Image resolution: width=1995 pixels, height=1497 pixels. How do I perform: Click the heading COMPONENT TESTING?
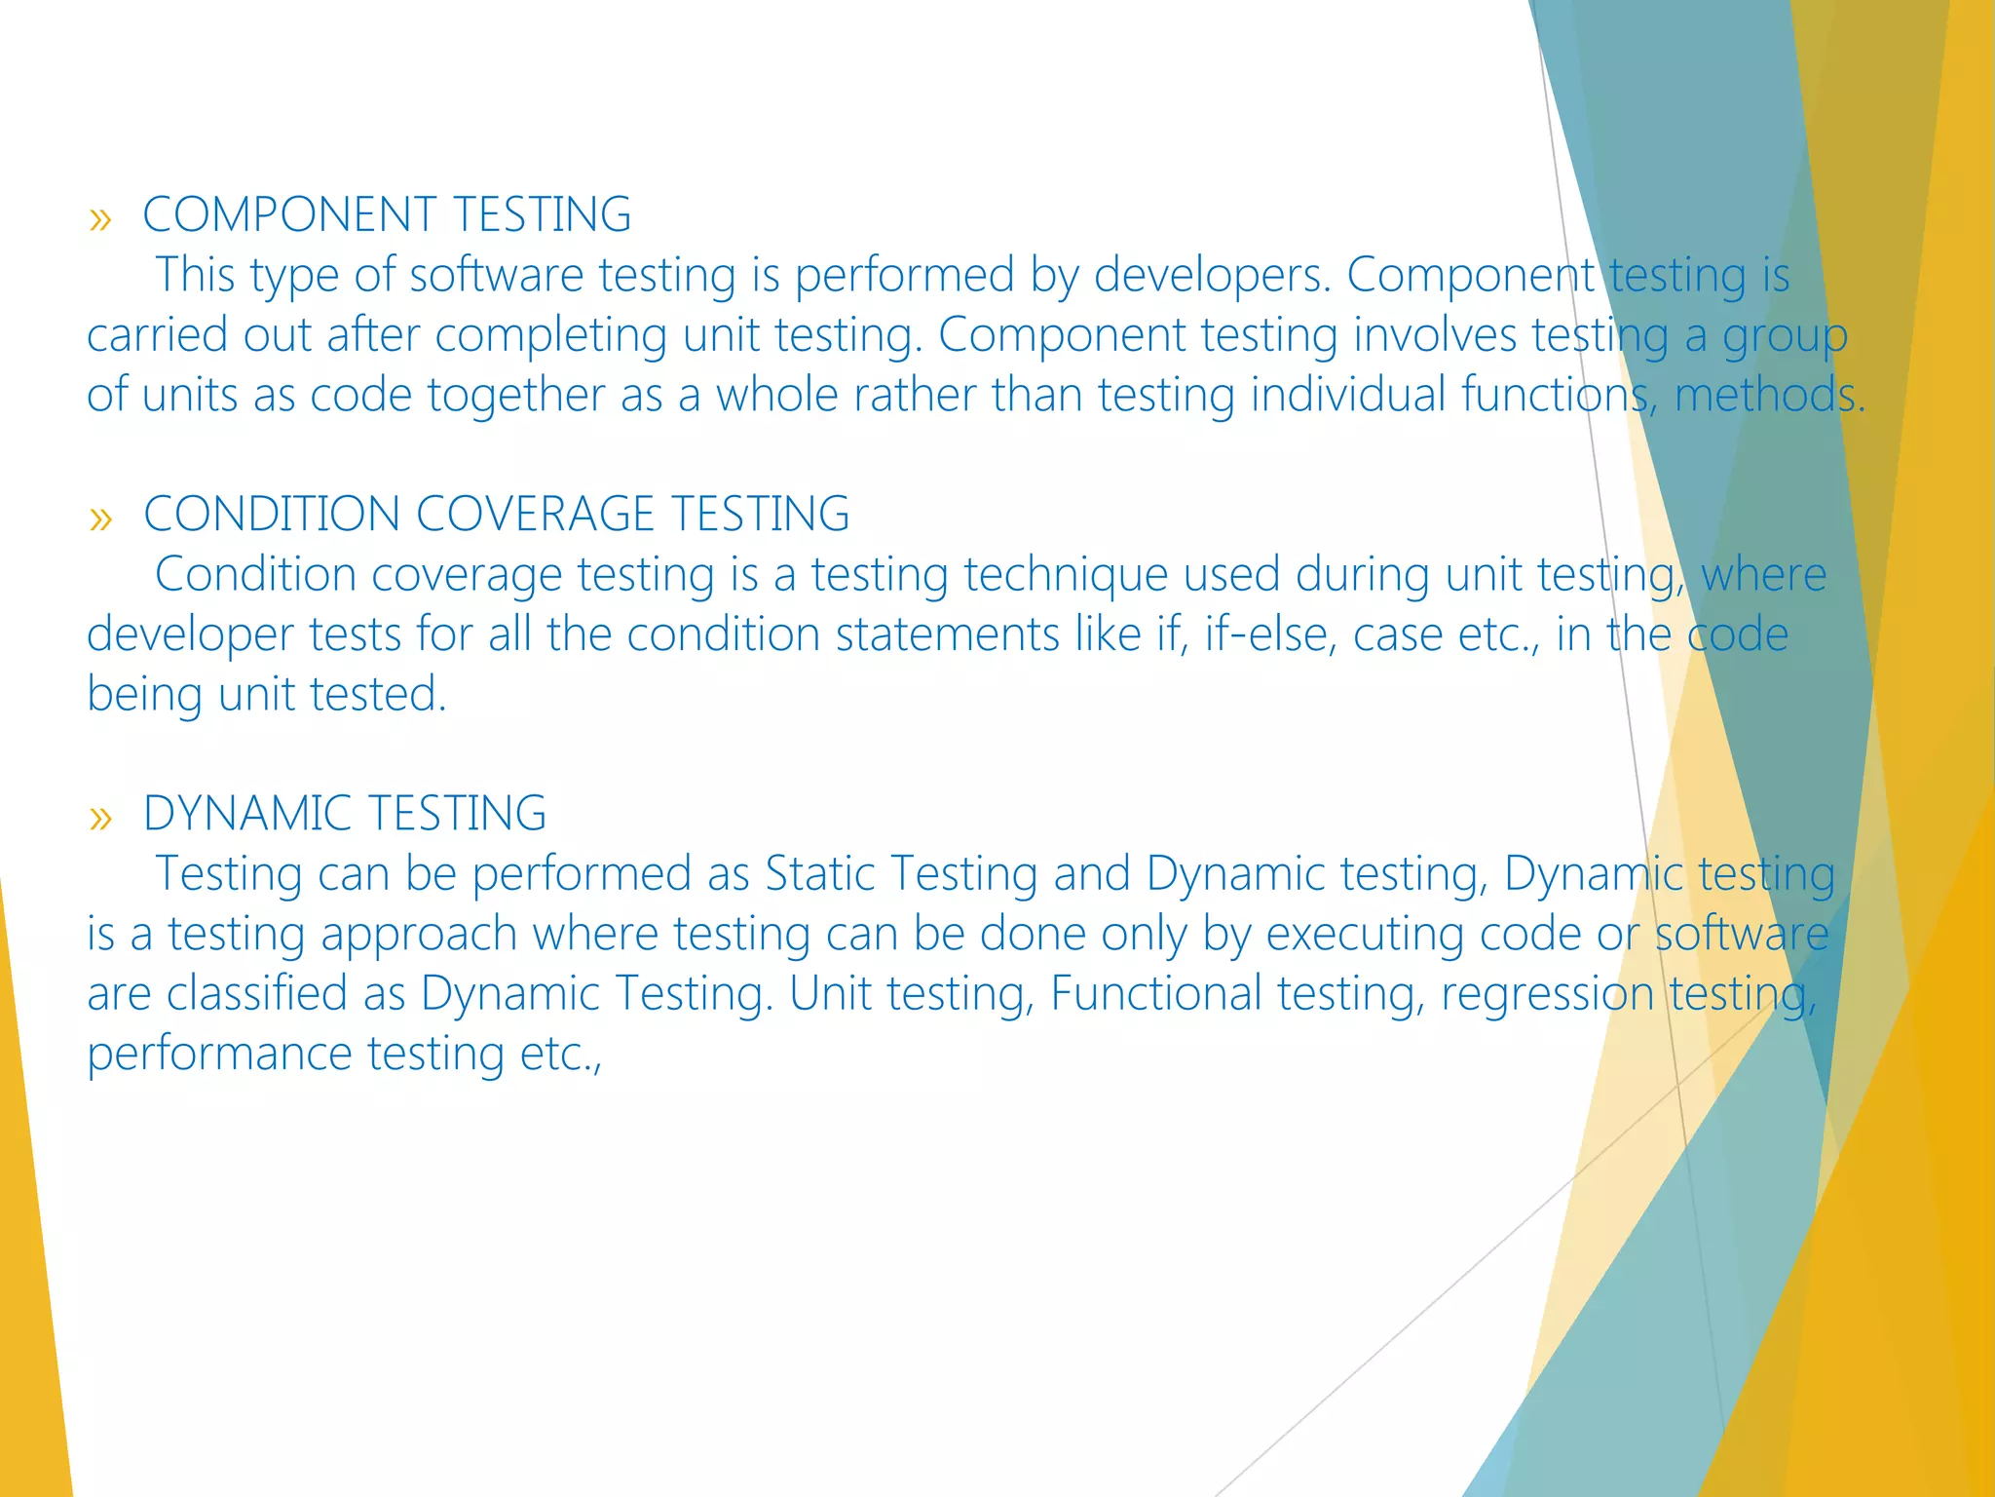pos(387,214)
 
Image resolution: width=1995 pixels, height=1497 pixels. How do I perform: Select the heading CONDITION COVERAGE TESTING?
pos(496,514)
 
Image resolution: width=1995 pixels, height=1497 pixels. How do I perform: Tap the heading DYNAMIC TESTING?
pos(344,813)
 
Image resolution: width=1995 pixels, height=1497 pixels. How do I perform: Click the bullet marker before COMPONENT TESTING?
pos(100,219)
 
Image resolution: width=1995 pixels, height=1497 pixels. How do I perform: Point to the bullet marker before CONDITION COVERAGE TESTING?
pos(100,518)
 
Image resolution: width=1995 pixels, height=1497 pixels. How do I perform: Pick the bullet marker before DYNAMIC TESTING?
pos(100,818)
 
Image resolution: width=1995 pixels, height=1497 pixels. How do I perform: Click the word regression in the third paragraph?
pos(1547,993)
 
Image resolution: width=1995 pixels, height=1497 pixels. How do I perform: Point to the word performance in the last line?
pos(219,1054)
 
